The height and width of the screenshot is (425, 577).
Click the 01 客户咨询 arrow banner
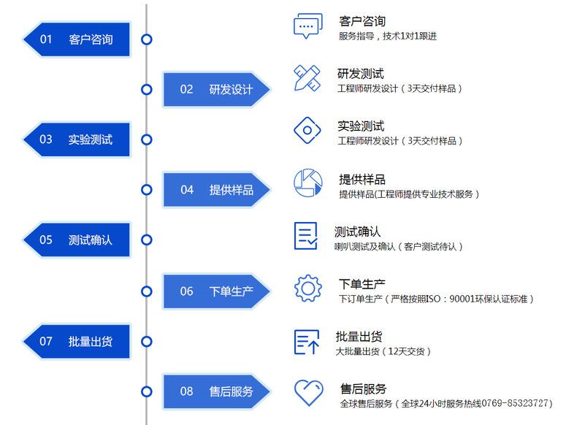77,39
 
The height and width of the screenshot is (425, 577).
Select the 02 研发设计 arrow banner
217,89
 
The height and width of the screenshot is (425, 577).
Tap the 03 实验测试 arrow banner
77,139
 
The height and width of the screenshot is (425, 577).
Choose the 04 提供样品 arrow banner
217,190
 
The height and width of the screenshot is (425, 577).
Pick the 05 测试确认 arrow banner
77,240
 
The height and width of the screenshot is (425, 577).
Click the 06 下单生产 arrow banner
217,291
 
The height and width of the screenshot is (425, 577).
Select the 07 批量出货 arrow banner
77,342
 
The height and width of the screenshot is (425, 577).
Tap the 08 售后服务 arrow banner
217,391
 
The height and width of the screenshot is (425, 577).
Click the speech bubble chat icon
308,26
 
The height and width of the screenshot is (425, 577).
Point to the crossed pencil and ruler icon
307,78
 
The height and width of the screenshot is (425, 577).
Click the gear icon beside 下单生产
308,288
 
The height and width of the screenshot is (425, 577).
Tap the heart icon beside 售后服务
309,393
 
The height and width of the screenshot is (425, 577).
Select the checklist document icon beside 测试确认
306,236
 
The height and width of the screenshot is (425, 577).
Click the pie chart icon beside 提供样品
308,183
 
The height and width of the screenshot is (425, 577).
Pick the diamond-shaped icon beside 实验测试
307,130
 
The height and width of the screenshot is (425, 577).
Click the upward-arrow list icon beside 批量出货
307,342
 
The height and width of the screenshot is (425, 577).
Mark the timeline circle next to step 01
147,39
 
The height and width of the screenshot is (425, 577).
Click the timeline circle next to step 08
147,391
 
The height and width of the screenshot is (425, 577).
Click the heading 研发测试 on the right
361,74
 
